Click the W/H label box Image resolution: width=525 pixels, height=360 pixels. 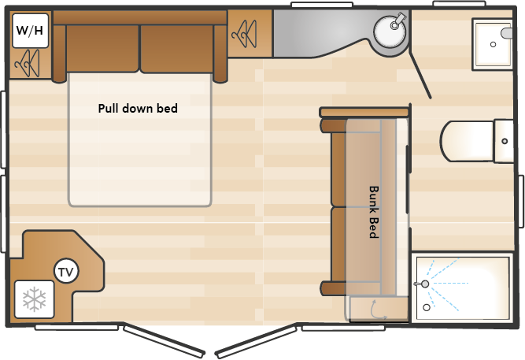coord(29,31)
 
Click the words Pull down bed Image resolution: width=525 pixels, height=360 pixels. coord(138,109)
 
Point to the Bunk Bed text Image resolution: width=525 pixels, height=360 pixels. coord(375,212)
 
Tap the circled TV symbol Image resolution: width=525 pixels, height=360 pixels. coord(66,273)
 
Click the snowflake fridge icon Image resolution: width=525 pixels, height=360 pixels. coord(34,299)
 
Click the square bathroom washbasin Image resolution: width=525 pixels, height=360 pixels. coord(494,44)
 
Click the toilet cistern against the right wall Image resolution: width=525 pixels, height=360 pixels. coord(504,140)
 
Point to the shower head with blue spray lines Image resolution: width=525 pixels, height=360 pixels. coord(426,283)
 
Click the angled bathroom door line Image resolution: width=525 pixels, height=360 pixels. coord(419,66)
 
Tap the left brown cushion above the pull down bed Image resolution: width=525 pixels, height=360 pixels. coord(102,48)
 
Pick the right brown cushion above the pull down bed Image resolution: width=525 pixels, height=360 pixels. coord(177,48)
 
